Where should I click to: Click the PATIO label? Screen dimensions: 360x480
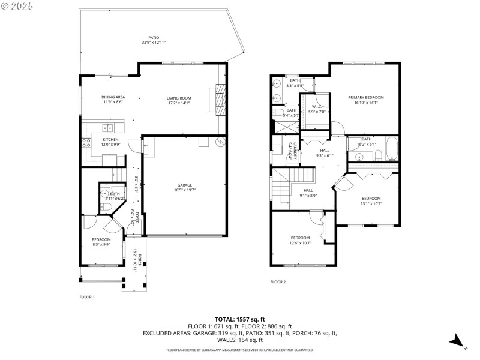[x=154, y=37]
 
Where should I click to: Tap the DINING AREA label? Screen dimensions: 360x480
[x=113, y=98]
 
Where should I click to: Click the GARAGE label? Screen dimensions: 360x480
[x=185, y=185]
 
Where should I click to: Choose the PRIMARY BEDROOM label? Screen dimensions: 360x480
[x=366, y=97]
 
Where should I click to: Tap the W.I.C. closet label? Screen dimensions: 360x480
[x=316, y=106]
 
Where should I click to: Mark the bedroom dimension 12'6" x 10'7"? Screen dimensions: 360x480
[x=300, y=242]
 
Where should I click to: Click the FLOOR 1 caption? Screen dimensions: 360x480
[x=87, y=296]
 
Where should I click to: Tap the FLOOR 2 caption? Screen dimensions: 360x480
[x=278, y=281]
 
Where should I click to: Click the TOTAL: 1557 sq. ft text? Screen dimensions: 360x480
[x=240, y=319]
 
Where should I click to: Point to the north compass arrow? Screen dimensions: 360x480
[x=457, y=341]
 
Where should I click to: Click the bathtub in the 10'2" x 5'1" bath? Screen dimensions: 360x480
[x=392, y=149]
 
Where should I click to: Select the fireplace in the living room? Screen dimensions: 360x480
[x=220, y=100]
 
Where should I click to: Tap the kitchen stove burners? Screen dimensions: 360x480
[x=85, y=143]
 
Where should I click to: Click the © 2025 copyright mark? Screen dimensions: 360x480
[x=17, y=7]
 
